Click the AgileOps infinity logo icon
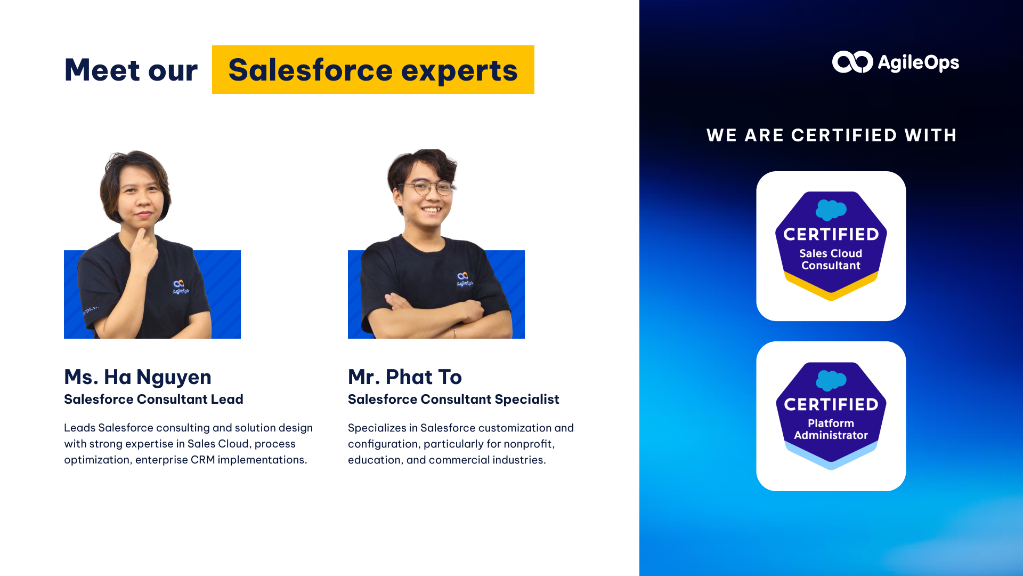[852, 62]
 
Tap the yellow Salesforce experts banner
[373, 69]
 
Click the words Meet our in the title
[131, 70]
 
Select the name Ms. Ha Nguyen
[137, 377]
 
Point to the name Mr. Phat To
[405, 377]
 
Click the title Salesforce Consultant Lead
[153, 399]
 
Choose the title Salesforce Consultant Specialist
[453, 399]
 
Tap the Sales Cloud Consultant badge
[831, 246]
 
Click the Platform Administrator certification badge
[831, 416]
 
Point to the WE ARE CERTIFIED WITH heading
[832, 135]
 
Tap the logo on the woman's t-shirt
[180, 287]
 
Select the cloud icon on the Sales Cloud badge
[831, 210]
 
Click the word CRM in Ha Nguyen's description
[202, 460]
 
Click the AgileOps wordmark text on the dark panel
[918, 63]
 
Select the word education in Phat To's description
[380, 460]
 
